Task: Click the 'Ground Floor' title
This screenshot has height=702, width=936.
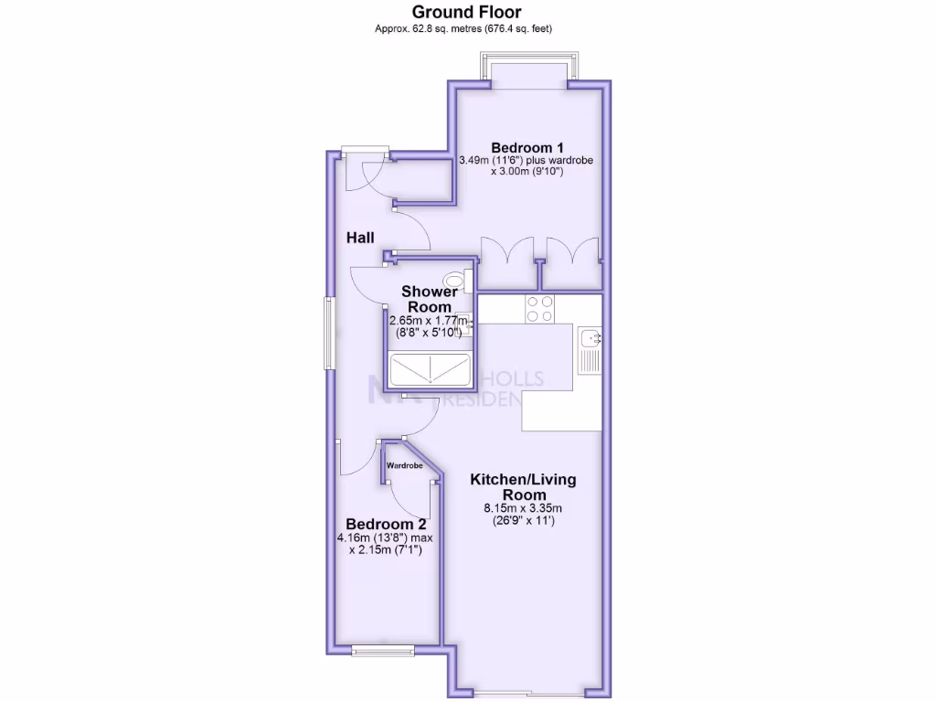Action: click(x=466, y=12)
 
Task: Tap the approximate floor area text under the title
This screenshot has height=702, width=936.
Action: click(x=466, y=29)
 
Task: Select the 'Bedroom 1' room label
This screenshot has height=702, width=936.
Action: click(x=526, y=147)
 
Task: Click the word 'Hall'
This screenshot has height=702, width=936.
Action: click(x=360, y=238)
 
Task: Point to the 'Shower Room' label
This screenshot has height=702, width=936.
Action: click(x=430, y=299)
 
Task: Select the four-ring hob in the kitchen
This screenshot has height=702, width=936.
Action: click(x=538, y=309)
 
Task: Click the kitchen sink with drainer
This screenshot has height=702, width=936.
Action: click(x=590, y=349)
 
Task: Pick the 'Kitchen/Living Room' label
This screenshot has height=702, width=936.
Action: click(x=523, y=486)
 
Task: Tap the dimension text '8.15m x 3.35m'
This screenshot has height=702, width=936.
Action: click(x=523, y=508)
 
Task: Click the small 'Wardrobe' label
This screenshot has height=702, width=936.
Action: click(x=404, y=465)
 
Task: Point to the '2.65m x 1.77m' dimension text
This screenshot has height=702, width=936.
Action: click(x=428, y=321)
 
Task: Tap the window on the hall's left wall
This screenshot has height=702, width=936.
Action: click(x=329, y=333)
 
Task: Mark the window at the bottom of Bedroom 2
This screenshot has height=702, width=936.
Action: click(x=380, y=651)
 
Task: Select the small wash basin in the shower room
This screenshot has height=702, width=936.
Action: click(x=465, y=320)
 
